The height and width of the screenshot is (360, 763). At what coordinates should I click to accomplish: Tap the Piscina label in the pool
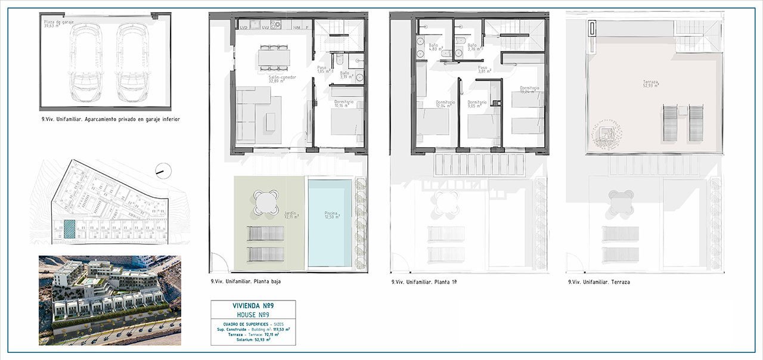[x=332, y=215]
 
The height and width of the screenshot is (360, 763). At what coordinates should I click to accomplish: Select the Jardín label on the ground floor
[x=291, y=216]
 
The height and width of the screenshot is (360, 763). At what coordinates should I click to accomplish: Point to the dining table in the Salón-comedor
[x=275, y=57]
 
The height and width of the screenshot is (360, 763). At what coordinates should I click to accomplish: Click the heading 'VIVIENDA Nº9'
[x=253, y=306]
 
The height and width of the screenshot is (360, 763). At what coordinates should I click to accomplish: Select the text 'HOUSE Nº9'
[x=253, y=314]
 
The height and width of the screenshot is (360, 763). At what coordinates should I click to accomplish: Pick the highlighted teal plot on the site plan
[x=70, y=230]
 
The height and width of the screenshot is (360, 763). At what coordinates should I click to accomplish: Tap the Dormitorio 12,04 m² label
[x=445, y=105]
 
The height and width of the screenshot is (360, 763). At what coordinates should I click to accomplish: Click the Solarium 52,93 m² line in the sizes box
[x=253, y=340]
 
